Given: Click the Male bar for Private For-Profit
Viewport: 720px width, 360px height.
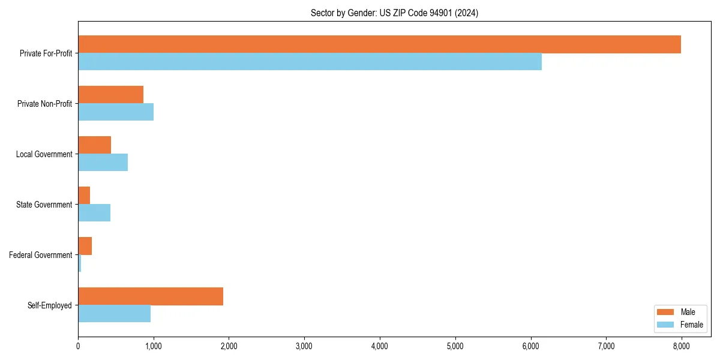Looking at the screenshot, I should (x=379, y=44).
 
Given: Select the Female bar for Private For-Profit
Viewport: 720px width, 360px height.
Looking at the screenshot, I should (x=310, y=62).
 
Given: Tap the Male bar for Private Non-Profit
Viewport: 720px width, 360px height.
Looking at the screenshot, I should (x=110, y=95).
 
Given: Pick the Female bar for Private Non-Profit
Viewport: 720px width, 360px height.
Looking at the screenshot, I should (x=116, y=112).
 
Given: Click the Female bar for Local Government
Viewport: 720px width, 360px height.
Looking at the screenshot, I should (x=103, y=163).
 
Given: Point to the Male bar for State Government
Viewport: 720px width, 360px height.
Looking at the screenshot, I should (x=84, y=196).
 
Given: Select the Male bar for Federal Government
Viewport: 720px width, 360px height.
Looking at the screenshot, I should (x=85, y=246).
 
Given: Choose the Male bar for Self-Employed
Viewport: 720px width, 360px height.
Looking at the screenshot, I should (x=151, y=296).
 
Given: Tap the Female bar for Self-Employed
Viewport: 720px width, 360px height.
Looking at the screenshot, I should (x=114, y=314).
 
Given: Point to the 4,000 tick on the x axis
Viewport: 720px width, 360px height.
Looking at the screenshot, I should (x=380, y=346).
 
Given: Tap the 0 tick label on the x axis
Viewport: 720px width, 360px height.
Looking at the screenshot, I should (x=78, y=346).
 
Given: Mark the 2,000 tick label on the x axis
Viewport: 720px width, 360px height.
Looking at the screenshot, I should (x=229, y=346).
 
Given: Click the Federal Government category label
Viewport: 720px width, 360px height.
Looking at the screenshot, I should (x=41, y=255).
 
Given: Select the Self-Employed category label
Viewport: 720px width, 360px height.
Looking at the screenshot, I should (x=50, y=305).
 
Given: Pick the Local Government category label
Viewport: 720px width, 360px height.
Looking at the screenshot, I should (x=44, y=154).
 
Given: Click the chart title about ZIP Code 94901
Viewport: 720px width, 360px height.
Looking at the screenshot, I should (x=394, y=13).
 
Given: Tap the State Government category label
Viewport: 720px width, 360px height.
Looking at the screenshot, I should (x=44, y=205).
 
